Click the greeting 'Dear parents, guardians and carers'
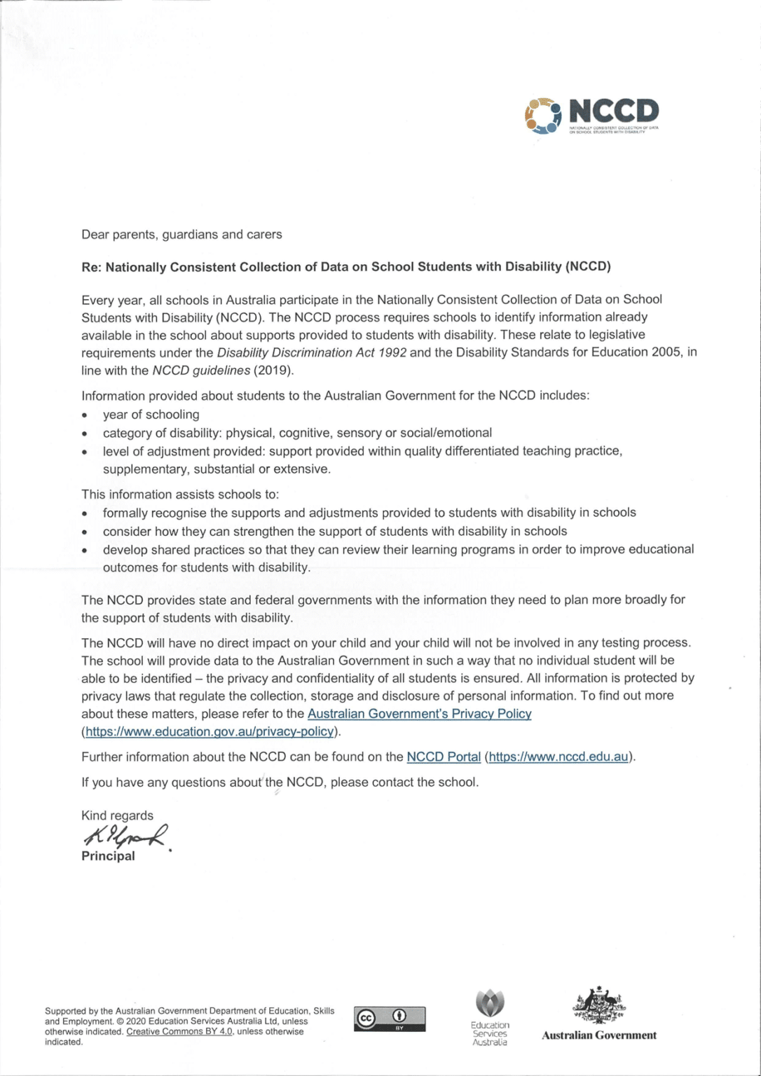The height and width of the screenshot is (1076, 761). coord(181,235)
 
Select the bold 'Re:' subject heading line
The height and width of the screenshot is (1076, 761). coord(346,267)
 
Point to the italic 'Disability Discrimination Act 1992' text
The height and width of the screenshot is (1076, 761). coord(311,352)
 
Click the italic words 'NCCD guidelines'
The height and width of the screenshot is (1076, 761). coord(200,371)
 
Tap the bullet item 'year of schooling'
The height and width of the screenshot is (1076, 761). coord(151,415)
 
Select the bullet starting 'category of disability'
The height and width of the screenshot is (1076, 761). coord(297,433)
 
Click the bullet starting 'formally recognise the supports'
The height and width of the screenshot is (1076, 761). coord(369,513)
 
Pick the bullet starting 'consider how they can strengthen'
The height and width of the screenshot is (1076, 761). coord(335,531)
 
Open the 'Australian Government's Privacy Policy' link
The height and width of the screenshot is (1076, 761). coord(419,714)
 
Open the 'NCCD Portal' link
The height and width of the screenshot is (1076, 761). coord(444,757)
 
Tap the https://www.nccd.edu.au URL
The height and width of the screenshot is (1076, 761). coord(558,757)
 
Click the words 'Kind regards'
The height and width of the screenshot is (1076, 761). coord(117,815)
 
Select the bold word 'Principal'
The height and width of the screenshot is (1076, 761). coord(108,856)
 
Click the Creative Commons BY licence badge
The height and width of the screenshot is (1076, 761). coord(390,1019)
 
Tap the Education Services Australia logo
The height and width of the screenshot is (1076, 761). coord(490,1018)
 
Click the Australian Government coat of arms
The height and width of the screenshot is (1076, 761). coord(599,1007)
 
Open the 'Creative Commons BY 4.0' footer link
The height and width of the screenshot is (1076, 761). coord(179,1032)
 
